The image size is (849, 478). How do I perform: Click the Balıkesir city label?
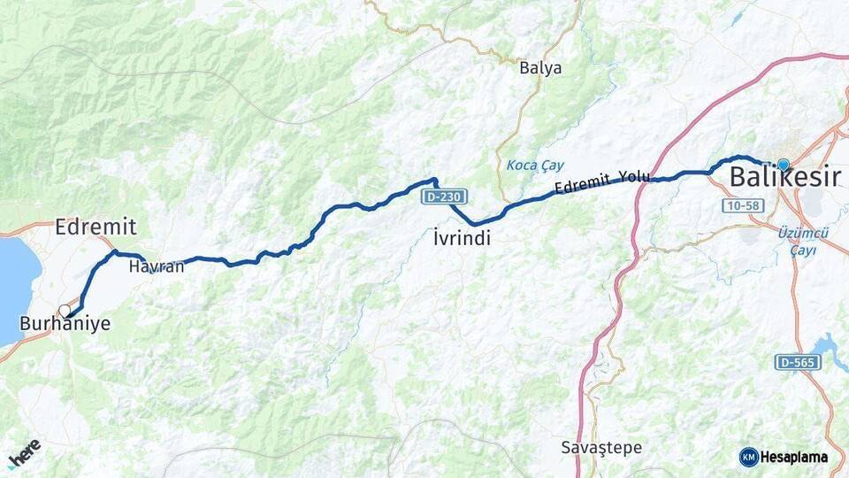[784, 178]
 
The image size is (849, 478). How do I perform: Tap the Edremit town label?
[96, 227]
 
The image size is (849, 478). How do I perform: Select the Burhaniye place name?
[67, 324]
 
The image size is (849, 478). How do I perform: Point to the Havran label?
[157, 266]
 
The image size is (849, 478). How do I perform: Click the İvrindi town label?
[463, 239]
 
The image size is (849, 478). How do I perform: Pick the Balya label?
[540, 68]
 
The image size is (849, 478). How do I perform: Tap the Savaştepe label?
[601, 448]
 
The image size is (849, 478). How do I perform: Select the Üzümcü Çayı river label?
[802, 241]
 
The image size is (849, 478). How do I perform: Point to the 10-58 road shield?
[741, 206]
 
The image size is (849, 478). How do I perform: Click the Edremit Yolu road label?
[603, 183]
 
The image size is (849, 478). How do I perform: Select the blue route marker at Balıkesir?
[783, 165]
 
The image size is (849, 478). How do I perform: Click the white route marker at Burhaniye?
[65, 311]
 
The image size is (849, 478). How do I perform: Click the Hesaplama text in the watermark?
[794, 458]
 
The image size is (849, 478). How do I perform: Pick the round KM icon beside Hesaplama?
[749, 458]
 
